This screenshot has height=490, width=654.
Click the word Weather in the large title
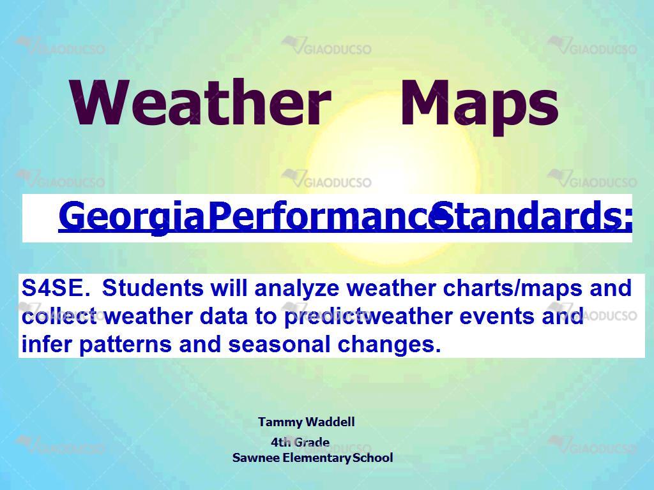point(201,102)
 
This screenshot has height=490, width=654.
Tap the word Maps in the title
point(479,107)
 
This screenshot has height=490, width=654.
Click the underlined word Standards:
point(532,215)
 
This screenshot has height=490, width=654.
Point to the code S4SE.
point(56,288)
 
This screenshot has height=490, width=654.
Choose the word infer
point(47,344)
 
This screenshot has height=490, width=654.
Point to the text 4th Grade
point(300,442)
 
